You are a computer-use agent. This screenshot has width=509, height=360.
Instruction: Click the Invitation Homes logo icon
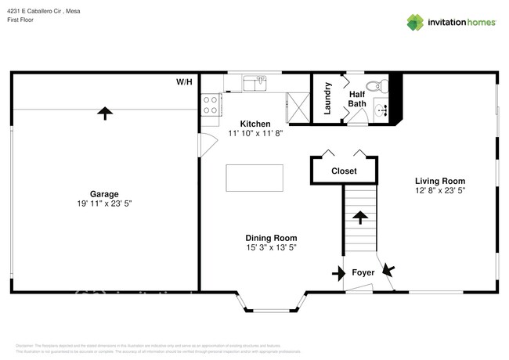coord(414,22)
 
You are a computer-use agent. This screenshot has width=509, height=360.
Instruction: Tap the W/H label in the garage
coord(184,81)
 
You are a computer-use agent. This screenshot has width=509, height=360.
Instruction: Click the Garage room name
coord(103,193)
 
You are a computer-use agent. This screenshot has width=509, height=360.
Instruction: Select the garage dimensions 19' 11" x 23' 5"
coord(103,203)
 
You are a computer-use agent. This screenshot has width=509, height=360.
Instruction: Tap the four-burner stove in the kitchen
coord(210,105)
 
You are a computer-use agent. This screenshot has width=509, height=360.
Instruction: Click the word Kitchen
coord(254,124)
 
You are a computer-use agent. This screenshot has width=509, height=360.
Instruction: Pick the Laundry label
coord(327,99)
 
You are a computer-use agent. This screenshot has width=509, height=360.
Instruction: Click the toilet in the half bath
coord(374,86)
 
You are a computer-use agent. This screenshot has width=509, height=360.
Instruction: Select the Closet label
coord(344,171)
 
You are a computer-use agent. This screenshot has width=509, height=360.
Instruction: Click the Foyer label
coord(363,273)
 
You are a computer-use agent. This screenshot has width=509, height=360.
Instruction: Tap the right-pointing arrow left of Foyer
coord(338,273)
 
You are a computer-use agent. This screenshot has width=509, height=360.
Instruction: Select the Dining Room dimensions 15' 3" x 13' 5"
coord(272,247)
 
